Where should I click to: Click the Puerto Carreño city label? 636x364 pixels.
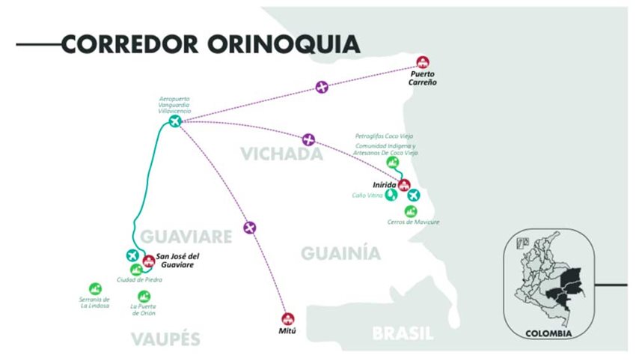pos(423,78)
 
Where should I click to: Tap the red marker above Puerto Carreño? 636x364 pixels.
pos(423,62)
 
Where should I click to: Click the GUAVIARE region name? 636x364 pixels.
pos(186,237)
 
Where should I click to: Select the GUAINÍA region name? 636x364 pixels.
pos(335,254)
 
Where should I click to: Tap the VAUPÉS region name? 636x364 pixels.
pos(166,339)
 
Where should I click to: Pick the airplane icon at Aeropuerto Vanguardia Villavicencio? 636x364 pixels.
pos(175,121)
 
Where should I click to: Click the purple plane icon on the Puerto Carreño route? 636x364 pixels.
pos(322,87)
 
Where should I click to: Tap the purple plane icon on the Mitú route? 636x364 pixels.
pos(250,227)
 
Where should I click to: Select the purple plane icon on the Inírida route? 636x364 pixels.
pos(309,139)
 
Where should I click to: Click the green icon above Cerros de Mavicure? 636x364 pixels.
pos(411,211)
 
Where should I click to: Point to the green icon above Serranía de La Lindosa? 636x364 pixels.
pos(95,288)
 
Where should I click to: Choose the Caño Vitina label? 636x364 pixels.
pos(367,195)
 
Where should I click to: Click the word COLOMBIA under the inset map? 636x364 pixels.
pos(548,333)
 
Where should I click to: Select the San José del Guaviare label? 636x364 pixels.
pos(181,260)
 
